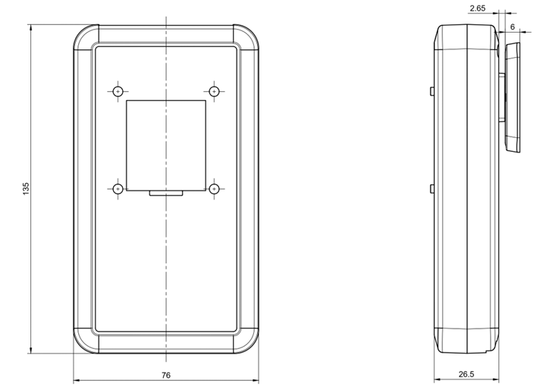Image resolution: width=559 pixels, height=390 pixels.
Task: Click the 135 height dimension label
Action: [x=26, y=188]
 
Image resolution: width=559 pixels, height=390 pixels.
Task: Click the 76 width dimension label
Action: [x=166, y=375]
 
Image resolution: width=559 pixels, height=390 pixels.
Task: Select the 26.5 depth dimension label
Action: [x=466, y=375]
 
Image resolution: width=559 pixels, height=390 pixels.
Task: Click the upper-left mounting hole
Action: [x=118, y=92]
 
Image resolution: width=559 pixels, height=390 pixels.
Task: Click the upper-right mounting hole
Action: [x=215, y=92]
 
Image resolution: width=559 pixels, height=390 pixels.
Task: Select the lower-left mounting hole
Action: [x=118, y=189]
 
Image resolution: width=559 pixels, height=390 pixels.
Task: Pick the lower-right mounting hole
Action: [x=215, y=189]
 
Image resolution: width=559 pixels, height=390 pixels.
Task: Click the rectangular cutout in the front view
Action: [x=166, y=145]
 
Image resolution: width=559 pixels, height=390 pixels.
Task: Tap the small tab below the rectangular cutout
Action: [x=166, y=193]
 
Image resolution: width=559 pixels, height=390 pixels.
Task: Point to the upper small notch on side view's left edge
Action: [x=432, y=91]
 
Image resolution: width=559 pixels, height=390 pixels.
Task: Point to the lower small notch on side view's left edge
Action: [x=432, y=188]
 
